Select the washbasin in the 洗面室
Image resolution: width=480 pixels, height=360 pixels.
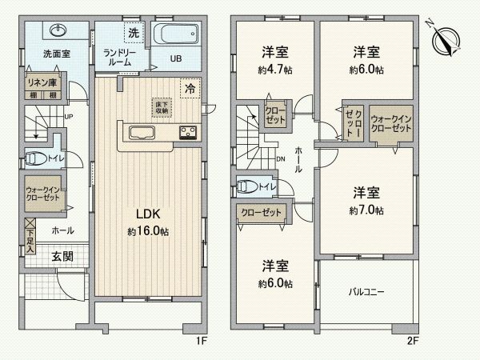point(58,32)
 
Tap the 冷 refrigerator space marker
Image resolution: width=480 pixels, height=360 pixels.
point(190,88)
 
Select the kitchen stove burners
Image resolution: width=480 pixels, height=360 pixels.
point(189,133)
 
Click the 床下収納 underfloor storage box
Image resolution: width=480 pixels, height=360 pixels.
point(162,106)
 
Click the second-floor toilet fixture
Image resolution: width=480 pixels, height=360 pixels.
point(249,187)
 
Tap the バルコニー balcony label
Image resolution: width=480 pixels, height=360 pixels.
point(366,292)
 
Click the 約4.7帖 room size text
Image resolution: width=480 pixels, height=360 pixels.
point(274,70)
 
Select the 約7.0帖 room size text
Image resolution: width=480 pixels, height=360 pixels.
point(366,210)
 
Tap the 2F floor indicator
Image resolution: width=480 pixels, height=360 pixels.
point(412,341)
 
